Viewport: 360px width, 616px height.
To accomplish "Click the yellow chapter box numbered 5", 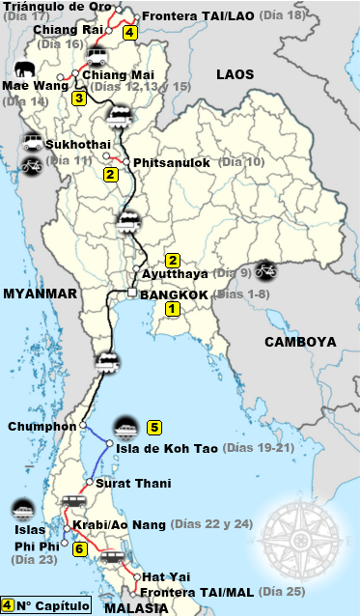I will coord(153,426).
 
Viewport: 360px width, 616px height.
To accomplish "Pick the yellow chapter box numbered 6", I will coord(80,548).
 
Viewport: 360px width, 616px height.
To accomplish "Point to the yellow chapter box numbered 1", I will coord(172,310).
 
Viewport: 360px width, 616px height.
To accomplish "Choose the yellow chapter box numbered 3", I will coord(79,97).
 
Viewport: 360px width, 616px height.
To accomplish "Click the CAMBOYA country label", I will coord(300,341).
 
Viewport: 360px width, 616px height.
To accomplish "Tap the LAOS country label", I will coord(235,73).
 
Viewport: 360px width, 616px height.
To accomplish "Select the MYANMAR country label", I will coord(39,293).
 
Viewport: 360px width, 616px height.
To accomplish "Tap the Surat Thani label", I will coord(133,483).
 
